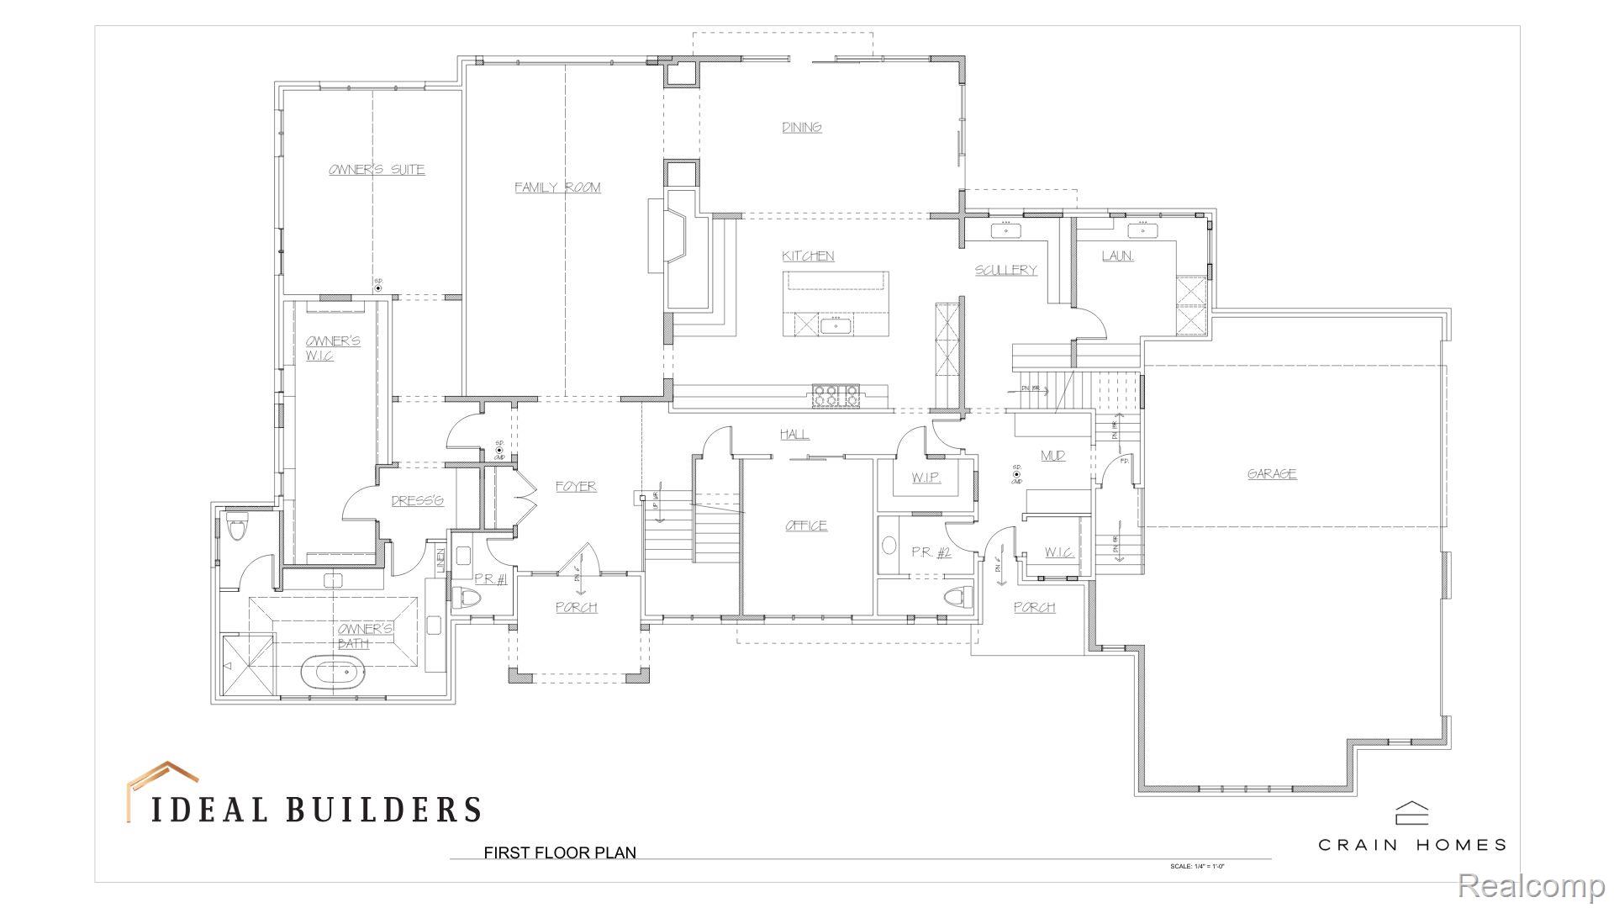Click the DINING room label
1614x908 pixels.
click(x=802, y=128)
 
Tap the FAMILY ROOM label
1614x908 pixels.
click(x=557, y=187)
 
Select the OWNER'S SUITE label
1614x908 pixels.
click(x=376, y=170)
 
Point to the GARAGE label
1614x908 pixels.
click(x=1271, y=474)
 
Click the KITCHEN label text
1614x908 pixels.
click(x=808, y=256)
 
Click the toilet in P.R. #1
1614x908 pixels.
click(x=467, y=599)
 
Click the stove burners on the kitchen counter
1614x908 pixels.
click(x=836, y=395)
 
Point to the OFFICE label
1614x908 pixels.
click(x=806, y=526)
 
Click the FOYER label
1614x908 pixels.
click(x=576, y=487)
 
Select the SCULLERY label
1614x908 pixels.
click(x=1005, y=270)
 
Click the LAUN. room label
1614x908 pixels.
click(x=1117, y=256)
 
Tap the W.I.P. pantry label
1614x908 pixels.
click(x=926, y=478)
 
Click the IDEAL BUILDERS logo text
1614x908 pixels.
click(x=315, y=809)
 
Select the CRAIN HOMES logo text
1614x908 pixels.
click(x=1411, y=844)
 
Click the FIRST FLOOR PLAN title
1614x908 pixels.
click(x=560, y=853)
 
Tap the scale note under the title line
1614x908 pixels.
click(x=1202, y=866)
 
